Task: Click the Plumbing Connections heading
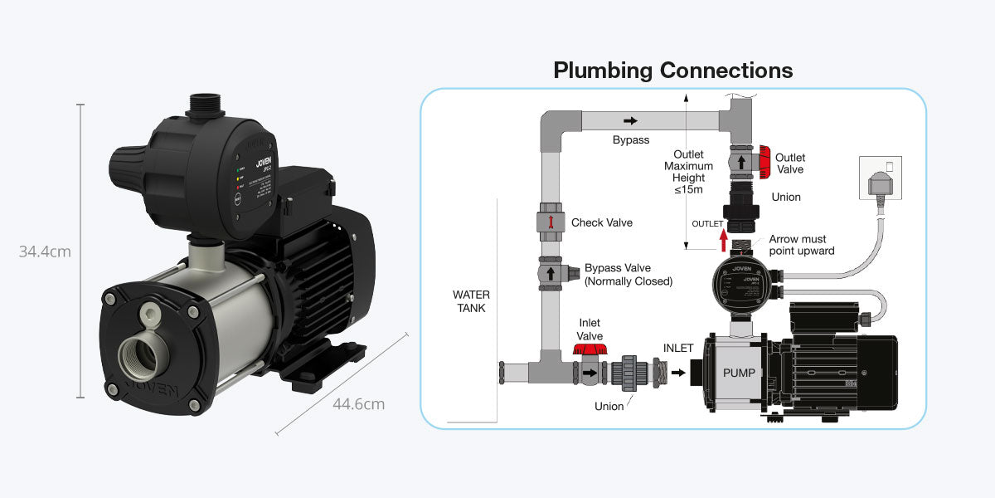(x=672, y=71)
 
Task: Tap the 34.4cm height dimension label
(x=45, y=251)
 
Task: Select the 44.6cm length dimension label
(x=358, y=404)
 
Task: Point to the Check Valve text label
(x=601, y=222)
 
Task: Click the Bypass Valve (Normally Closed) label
(x=628, y=275)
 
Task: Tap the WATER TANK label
(x=471, y=301)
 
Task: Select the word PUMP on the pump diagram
(x=739, y=373)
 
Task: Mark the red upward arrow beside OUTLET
(x=723, y=239)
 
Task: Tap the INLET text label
(x=677, y=348)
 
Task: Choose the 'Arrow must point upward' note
(x=801, y=245)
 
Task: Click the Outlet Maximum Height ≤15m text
(x=688, y=172)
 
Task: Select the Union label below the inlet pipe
(x=609, y=406)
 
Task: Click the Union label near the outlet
(x=786, y=198)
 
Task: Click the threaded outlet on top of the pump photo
(x=202, y=105)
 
